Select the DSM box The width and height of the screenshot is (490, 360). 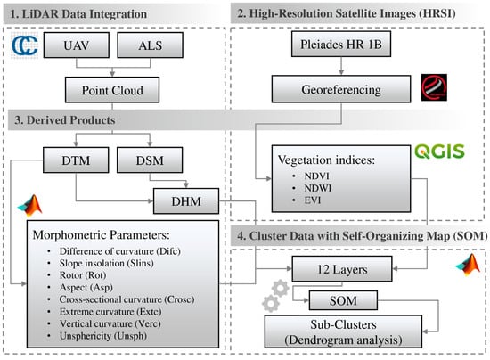click(x=147, y=161)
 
